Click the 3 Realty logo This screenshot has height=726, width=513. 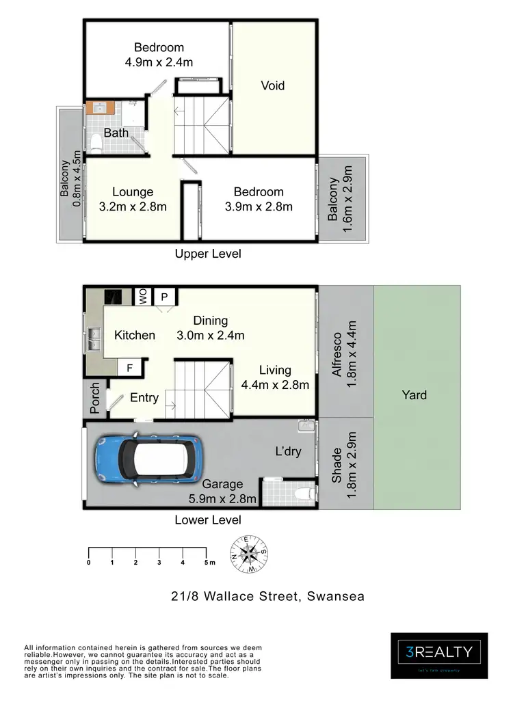439,654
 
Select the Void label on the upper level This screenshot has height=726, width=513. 272,85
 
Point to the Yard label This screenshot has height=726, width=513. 415,394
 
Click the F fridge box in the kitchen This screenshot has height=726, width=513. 129,368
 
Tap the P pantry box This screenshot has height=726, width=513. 165,296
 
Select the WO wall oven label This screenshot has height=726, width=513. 144,296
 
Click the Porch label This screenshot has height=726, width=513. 95,398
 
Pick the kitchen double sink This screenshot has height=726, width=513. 94,338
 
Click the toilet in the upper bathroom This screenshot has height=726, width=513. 96,143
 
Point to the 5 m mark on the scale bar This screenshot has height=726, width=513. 207,563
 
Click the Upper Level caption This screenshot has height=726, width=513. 208,254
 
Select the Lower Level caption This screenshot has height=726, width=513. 208,520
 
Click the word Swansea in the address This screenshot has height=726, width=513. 333,596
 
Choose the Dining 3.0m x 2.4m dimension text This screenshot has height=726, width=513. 211,328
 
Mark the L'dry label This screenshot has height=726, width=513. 288,452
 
